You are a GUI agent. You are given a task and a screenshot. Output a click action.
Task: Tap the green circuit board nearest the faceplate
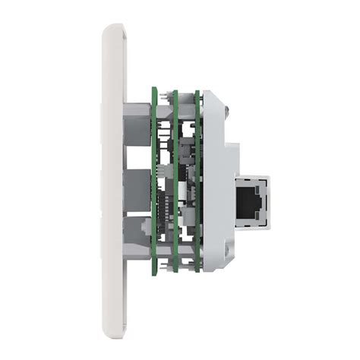pos(154,182)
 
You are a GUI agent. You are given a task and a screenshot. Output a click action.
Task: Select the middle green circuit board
pos(175,182)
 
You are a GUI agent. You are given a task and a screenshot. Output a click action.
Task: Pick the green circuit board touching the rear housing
pos(197,182)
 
